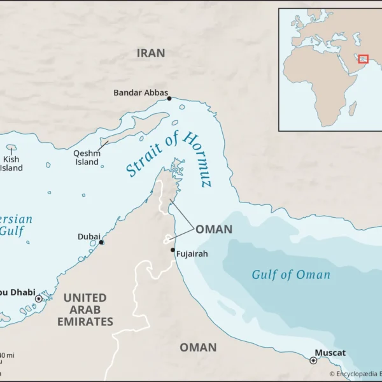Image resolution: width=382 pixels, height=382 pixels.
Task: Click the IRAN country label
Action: (151, 53)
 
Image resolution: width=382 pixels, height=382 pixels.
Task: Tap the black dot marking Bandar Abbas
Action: (169, 98)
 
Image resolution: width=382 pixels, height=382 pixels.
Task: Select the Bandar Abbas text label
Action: (140, 93)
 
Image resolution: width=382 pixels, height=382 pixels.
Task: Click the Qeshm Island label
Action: (87, 157)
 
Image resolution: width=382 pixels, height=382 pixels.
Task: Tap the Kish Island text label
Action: (11, 164)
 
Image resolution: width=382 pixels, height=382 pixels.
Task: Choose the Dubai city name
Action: (88, 236)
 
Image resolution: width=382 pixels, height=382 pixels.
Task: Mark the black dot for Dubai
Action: (101, 243)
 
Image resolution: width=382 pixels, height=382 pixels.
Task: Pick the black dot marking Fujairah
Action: (173, 250)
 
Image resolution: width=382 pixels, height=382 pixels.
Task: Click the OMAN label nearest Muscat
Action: (197, 348)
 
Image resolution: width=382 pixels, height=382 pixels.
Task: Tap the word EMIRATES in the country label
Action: (85, 322)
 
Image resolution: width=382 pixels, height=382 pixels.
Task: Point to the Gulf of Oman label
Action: (291, 275)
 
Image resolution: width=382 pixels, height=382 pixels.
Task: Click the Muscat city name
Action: (330, 353)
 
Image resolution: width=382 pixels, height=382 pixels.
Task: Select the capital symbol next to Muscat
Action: (313, 360)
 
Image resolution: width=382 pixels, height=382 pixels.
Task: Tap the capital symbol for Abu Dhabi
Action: (38, 298)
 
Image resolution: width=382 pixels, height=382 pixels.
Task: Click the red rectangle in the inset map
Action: (363, 59)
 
